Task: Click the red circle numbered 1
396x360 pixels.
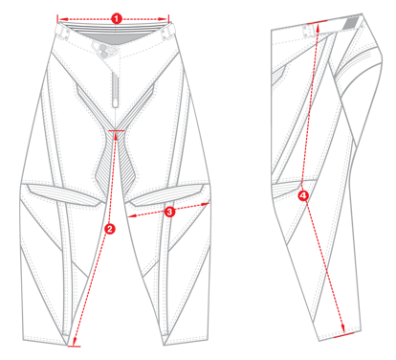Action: pos(116,17)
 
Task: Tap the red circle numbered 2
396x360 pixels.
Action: pos(110,228)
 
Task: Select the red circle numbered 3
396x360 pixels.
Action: pos(169,211)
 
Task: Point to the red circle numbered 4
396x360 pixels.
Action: pos(304,195)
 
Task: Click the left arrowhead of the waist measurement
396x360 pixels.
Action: pos(59,17)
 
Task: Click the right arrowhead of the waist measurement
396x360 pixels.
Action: pos(172,17)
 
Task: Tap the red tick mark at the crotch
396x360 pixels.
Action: pos(117,128)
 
